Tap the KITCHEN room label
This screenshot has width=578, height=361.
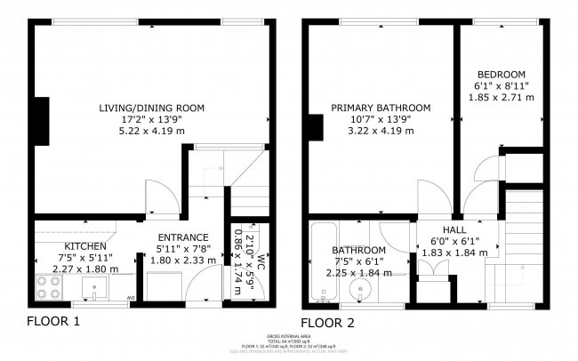click(x=85, y=246)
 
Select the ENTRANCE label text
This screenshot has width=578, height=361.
click(x=182, y=237)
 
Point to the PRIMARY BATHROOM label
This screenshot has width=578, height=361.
click(x=381, y=108)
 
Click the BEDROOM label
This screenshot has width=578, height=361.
click(x=501, y=74)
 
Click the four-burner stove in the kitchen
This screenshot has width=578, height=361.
click(x=48, y=286)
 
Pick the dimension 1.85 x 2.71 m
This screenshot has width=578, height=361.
click(x=501, y=97)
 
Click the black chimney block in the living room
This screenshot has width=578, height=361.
click(x=41, y=119)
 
